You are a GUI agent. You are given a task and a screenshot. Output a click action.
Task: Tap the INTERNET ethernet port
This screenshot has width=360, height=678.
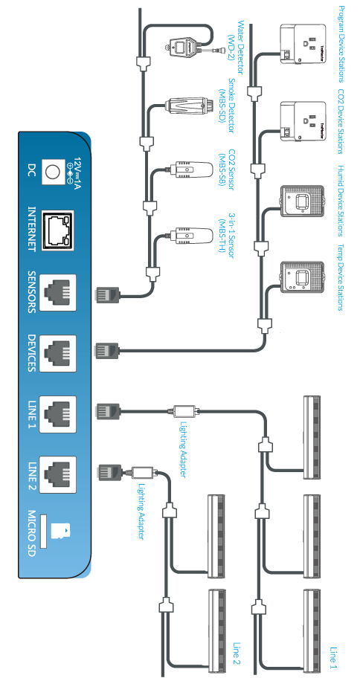point(57,230)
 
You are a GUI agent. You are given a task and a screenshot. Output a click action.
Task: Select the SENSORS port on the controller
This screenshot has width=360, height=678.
point(57,292)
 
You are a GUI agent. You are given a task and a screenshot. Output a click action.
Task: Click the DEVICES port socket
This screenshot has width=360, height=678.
point(57,353)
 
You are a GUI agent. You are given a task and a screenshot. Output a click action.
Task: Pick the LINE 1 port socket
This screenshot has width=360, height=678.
point(57,414)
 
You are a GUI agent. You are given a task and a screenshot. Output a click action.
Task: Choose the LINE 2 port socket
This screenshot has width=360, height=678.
point(57,475)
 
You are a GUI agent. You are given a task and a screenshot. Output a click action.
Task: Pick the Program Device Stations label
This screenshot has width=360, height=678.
point(341,44)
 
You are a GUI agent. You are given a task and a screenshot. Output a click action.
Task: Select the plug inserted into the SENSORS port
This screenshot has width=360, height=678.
point(107,295)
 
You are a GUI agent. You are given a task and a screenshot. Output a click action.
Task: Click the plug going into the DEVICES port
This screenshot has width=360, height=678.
point(107,350)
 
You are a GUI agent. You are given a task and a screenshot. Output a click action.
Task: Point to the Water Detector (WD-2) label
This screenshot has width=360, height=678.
point(240,48)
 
